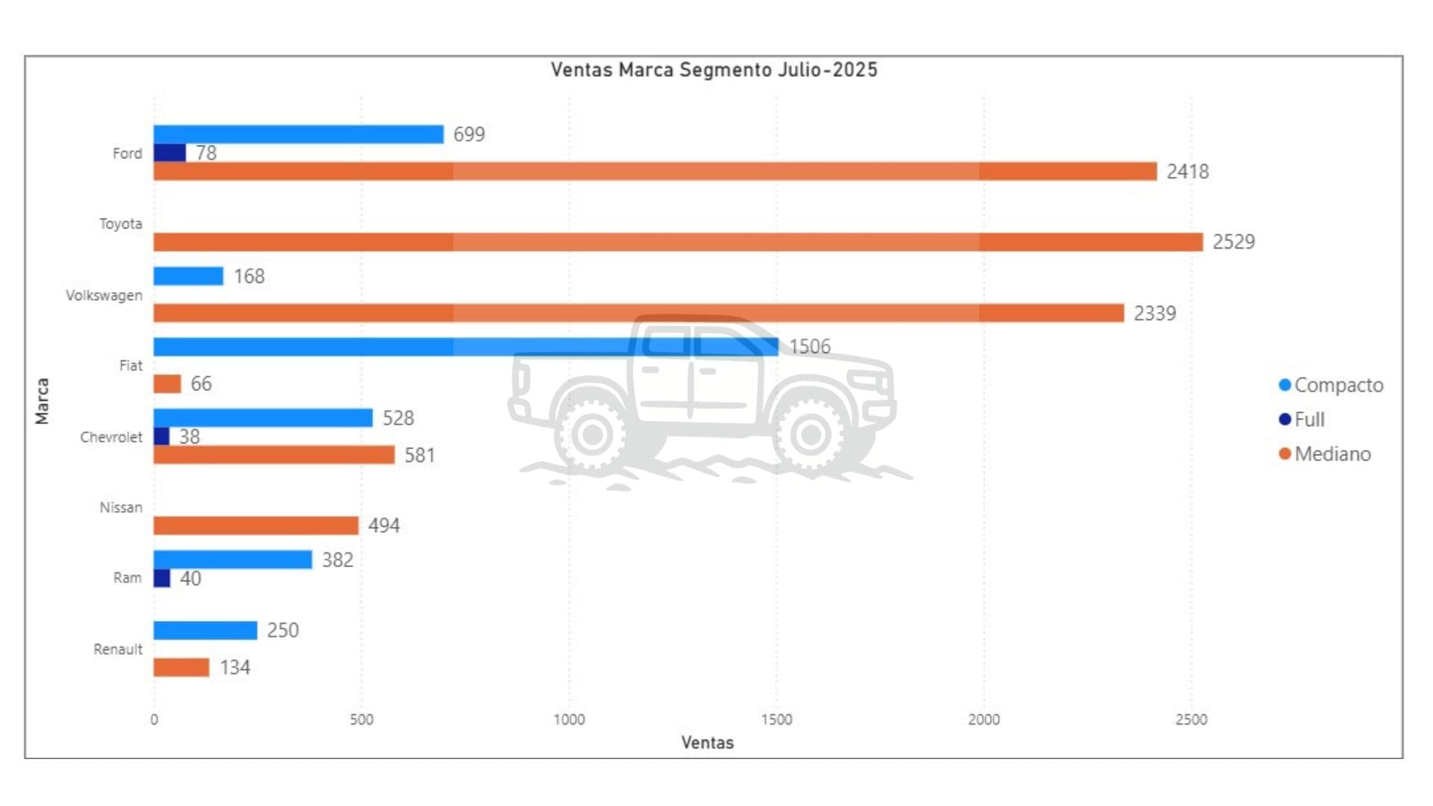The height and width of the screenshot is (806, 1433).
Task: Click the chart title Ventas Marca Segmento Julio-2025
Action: (x=714, y=70)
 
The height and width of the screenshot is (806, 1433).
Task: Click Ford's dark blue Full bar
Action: (x=169, y=153)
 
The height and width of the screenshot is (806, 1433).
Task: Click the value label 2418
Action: (x=1187, y=172)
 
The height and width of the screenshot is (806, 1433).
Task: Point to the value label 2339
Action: (x=1155, y=313)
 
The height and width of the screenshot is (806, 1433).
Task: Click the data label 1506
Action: (x=810, y=347)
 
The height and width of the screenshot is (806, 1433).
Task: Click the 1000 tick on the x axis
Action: (x=569, y=719)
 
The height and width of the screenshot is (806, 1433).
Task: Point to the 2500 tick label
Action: (x=1191, y=719)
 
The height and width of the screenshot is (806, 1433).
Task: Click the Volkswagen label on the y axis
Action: (x=104, y=296)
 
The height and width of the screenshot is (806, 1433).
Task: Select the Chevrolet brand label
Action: (x=111, y=437)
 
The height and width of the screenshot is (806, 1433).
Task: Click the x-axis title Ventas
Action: (x=708, y=743)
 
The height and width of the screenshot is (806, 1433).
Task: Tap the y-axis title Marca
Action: (x=43, y=402)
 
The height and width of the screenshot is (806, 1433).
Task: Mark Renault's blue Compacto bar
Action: (x=205, y=631)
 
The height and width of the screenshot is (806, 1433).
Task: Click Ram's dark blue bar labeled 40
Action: (x=162, y=578)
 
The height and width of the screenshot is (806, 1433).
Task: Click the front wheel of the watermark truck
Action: (x=811, y=434)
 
